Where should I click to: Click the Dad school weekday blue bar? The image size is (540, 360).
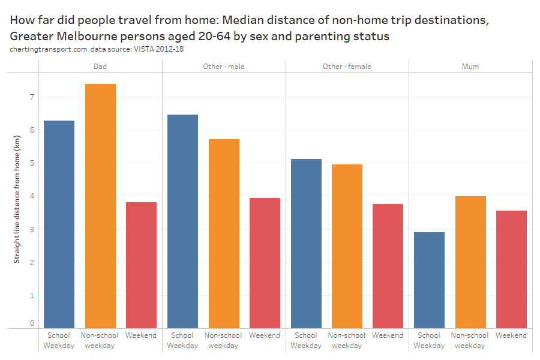point(59,224)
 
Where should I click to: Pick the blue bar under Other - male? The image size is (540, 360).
point(182,221)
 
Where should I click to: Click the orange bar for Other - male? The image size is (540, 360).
point(223,233)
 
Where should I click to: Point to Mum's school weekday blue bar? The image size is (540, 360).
point(429,280)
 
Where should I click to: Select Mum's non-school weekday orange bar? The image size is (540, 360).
point(470,262)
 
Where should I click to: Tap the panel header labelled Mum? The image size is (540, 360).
point(470,67)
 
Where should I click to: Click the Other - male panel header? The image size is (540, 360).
point(224,67)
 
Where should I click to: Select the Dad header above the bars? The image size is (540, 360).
point(100,67)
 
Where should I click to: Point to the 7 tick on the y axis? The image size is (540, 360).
point(32,97)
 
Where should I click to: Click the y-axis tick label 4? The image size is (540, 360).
point(32,196)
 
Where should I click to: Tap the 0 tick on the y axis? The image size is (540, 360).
point(32,323)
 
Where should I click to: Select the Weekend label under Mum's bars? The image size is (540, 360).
point(511,335)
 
